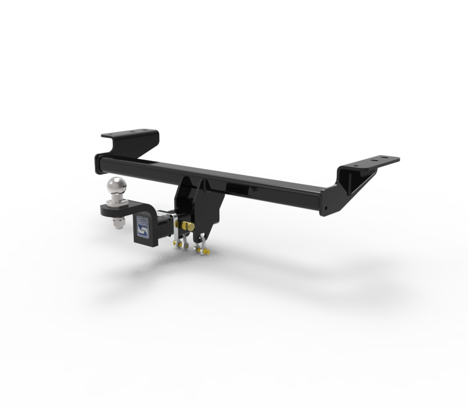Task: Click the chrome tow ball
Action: (116, 187)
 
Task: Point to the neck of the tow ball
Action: (116, 198)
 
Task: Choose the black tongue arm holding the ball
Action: (126, 208)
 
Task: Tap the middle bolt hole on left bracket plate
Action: (132, 132)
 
